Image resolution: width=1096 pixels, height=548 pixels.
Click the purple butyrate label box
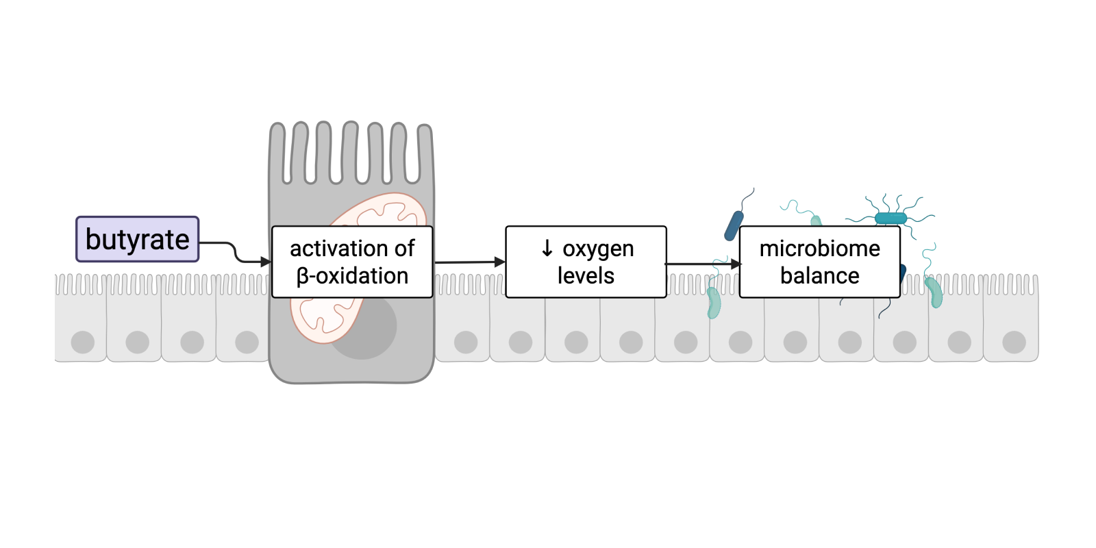coord(137,239)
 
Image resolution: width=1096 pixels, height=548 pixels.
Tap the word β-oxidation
coord(352,276)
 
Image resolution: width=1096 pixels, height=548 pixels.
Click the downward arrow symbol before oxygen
coord(547,248)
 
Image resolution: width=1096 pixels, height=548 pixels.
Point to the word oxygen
coord(598,249)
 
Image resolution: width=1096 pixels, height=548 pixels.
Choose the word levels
coord(586,276)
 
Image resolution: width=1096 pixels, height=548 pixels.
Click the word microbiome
coord(819,248)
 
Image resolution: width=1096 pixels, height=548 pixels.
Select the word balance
coord(819,276)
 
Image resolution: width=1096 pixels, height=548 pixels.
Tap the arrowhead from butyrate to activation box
coord(266,262)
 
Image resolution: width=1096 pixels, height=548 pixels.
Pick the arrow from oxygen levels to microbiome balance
coord(702,264)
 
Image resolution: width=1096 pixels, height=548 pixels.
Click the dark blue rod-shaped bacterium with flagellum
coord(734,225)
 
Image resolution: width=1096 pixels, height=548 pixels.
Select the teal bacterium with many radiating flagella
coord(891,218)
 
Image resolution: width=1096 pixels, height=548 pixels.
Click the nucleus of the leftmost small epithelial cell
coord(83,342)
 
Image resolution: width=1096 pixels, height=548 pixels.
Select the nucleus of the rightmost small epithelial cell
coord(1014,342)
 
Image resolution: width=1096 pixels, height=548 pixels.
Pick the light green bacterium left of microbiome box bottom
coord(714,303)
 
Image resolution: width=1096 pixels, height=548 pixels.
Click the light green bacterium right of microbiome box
coord(934,292)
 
